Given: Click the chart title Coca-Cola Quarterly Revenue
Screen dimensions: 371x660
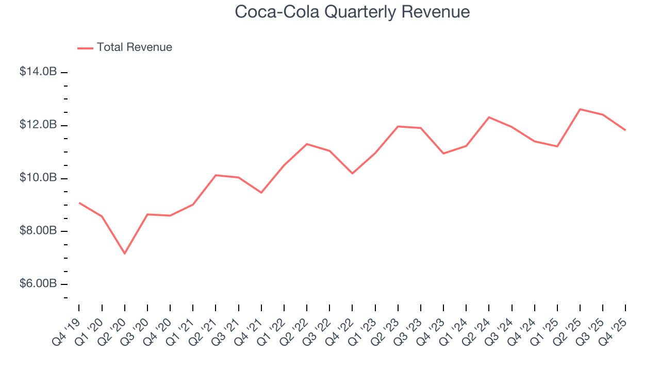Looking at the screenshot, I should coord(352,12).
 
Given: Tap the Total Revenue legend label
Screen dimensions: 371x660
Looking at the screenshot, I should coord(134,47).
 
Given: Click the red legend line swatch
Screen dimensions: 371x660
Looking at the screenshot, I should coord(85,48).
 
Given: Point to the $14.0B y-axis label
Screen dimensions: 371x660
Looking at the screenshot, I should coord(38,72).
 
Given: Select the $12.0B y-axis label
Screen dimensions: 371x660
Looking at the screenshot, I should coord(38,125).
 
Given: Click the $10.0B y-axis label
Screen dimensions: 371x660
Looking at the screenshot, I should coord(38,178).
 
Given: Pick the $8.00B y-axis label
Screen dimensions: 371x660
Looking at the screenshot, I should coord(38,231).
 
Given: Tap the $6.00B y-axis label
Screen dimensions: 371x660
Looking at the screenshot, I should coord(38,284).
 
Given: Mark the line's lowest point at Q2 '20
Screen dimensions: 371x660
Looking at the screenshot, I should coord(124,253).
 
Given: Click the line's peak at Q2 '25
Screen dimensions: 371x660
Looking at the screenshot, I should coord(580,109).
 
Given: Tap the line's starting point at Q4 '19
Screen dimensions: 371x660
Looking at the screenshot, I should coord(79,203).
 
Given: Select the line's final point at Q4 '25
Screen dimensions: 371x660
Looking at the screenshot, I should coord(625,130).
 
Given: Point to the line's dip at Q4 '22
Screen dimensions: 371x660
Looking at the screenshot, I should coord(352,173).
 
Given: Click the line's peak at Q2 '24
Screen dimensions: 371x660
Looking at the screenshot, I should coord(489,117).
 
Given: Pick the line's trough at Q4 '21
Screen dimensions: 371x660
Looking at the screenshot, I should coord(261,193).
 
